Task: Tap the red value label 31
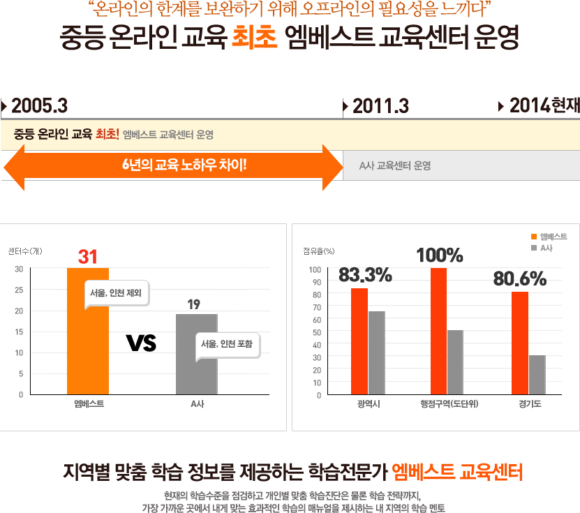tap(88, 257)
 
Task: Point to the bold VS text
tap(141, 343)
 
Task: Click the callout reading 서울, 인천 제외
tap(116, 293)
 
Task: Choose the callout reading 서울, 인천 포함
tap(226, 344)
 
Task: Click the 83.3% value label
tap(365, 276)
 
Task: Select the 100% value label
tap(440, 255)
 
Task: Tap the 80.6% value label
tap(520, 278)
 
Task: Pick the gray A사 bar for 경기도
tap(537, 375)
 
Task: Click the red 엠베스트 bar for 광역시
tap(359, 341)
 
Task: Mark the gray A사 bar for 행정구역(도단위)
tap(455, 362)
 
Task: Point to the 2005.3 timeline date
tap(39, 106)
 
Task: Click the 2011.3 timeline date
tap(380, 106)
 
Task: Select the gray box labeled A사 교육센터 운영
tap(461, 166)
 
